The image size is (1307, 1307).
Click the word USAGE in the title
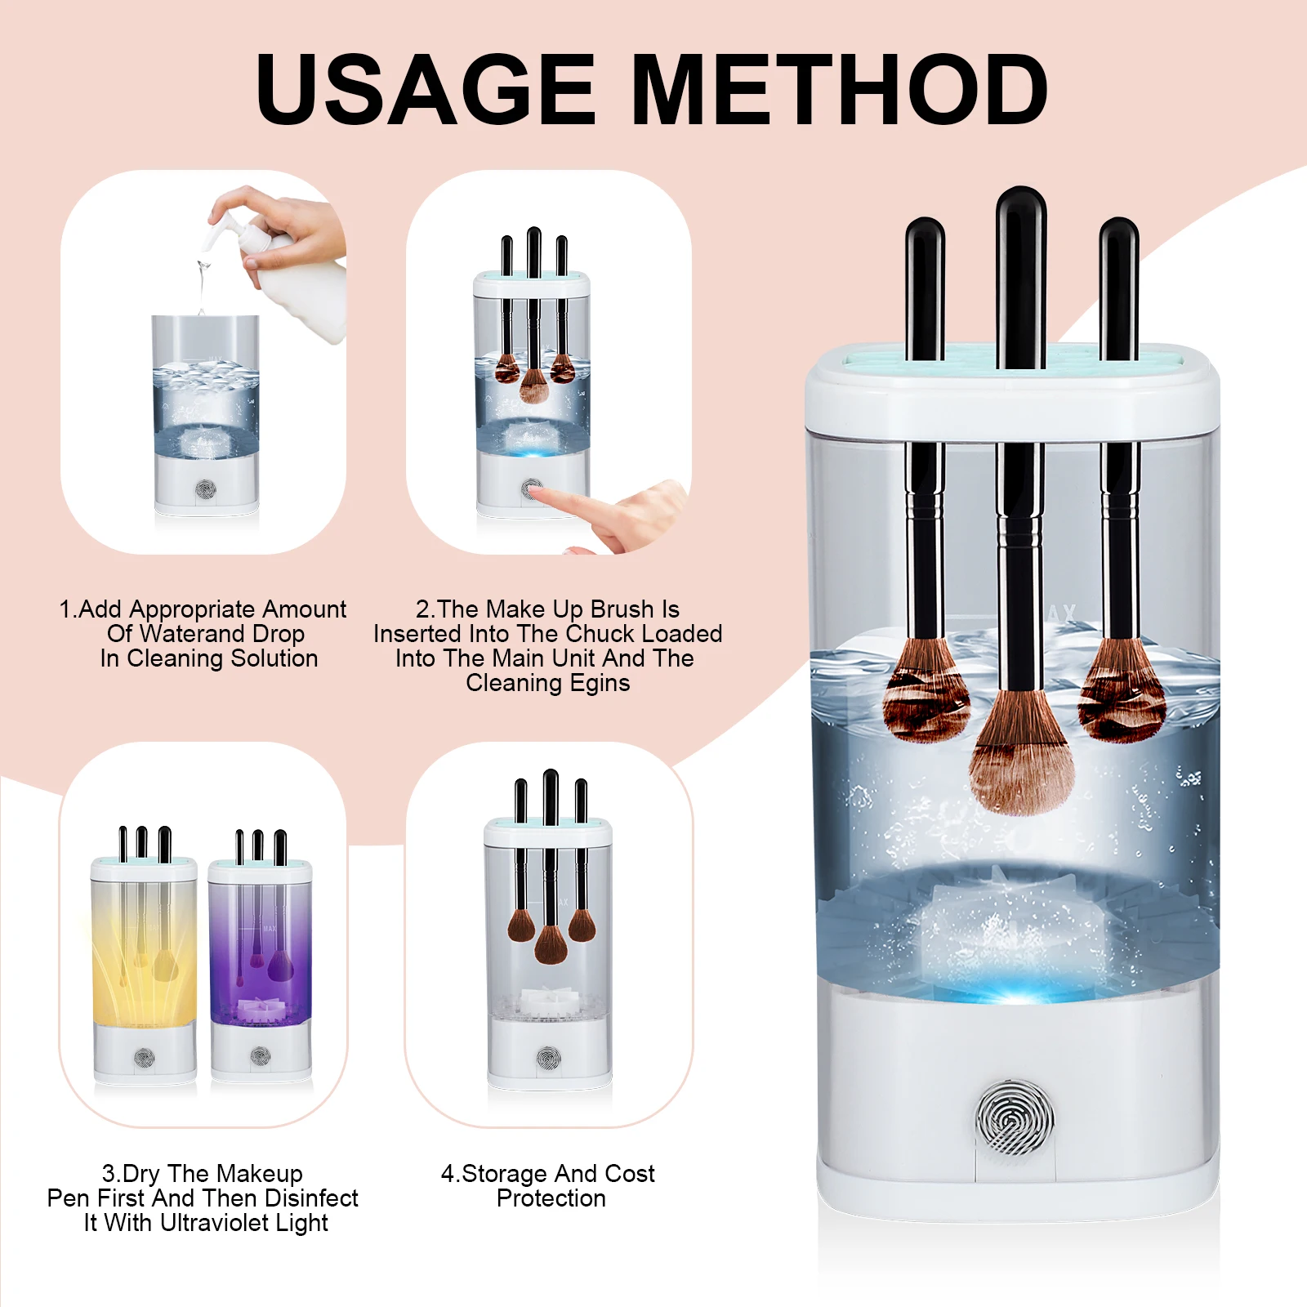point(426,89)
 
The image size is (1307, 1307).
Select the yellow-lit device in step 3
point(145,956)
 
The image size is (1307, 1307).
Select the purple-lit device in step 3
point(261,956)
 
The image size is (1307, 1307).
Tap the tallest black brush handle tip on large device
point(1021,196)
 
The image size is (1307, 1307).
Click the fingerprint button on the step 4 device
point(549,1059)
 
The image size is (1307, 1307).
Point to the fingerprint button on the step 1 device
point(205,490)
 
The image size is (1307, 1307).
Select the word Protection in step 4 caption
point(551,1198)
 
